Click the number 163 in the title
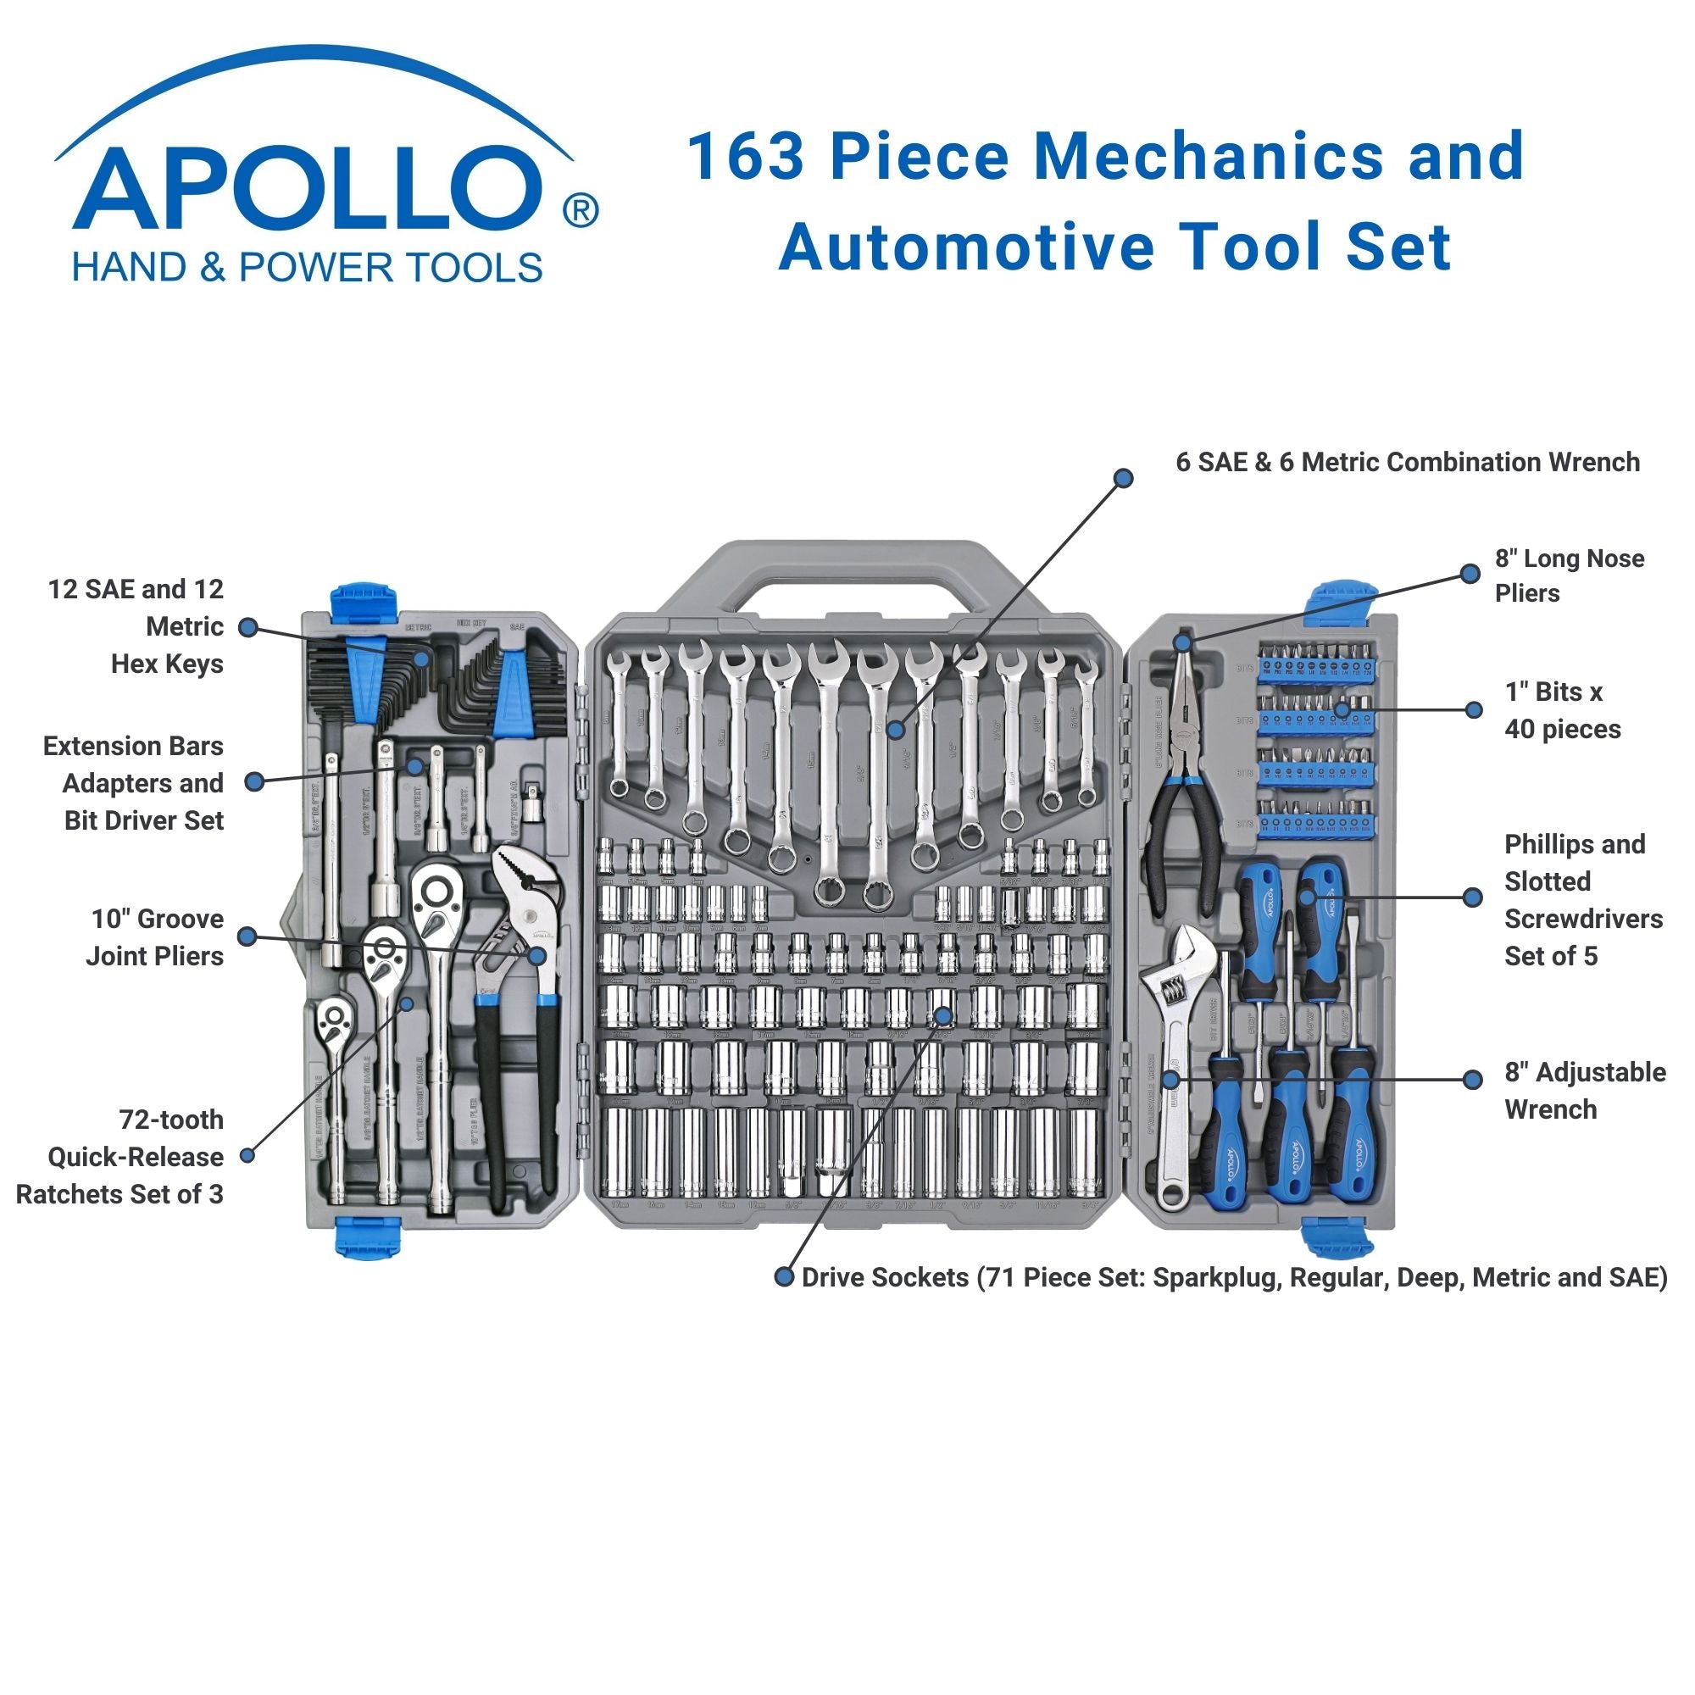click(x=745, y=156)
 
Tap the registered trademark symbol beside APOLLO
click(x=580, y=210)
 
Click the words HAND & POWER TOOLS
click(x=307, y=268)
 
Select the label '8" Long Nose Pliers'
click(x=1569, y=575)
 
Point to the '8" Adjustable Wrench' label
click(x=1585, y=1090)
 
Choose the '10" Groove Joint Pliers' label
click(x=155, y=937)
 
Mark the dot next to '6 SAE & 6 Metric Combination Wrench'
click(x=1123, y=477)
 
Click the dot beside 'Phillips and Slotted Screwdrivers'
click(x=1473, y=897)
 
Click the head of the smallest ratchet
click(x=334, y=1020)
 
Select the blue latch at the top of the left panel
click(x=364, y=601)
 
